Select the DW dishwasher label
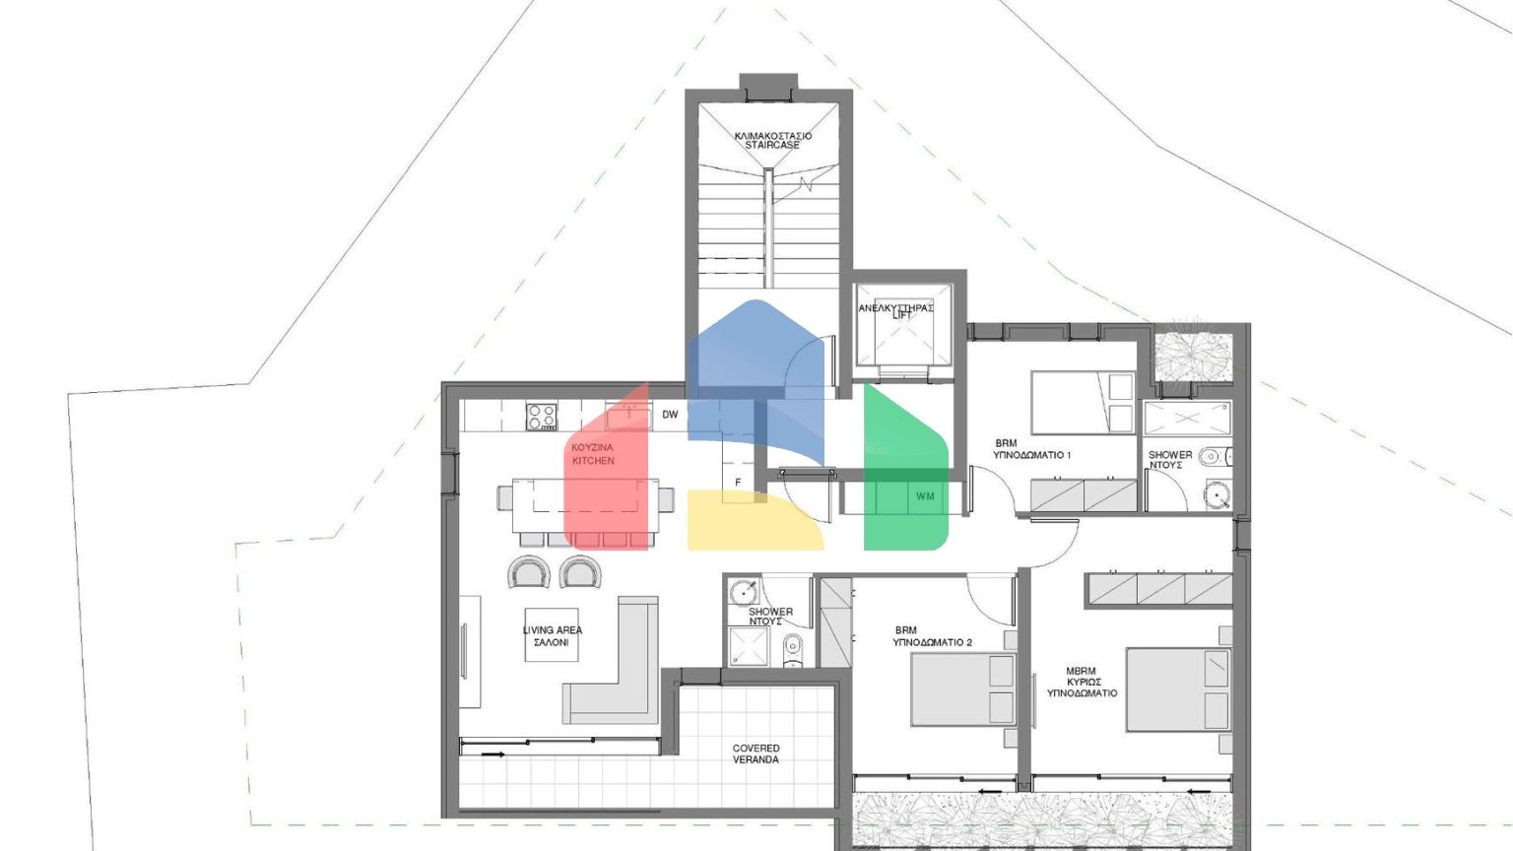[x=670, y=415]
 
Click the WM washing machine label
[x=925, y=496]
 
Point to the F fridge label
[x=738, y=483]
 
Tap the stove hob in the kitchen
[x=541, y=417]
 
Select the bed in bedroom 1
[x=1082, y=401]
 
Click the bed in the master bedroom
[x=1177, y=688]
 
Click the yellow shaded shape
[x=749, y=522]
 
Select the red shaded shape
[x=607, y=473]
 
